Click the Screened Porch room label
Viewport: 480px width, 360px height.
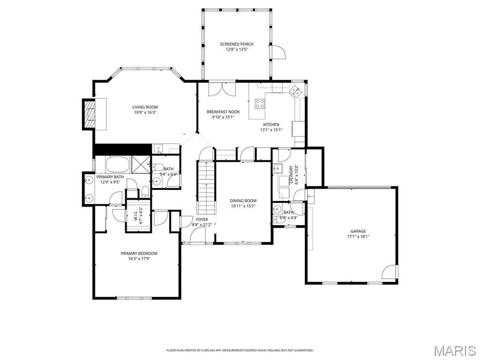pos(237,44)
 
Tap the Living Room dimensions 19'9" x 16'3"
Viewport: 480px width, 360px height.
pos(145,112)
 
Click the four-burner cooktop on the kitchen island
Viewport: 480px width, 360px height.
pos(260,104)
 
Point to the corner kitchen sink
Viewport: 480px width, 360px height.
pos(295,90)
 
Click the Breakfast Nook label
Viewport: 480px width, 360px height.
pos(223,112)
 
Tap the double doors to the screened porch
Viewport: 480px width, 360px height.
pos(222,89)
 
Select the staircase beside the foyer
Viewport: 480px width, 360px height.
pos(206,187)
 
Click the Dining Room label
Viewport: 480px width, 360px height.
pos(243,201)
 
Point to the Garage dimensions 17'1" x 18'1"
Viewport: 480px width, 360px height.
pos(358,236)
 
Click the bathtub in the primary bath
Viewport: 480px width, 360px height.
pos(118,165)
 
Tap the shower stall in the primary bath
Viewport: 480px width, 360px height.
pos(141,165)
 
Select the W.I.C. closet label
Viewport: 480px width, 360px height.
pos(135,215)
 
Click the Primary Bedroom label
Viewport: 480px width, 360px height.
pos(139,254)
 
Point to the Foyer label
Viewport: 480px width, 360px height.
pos(202,219)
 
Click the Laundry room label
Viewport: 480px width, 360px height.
pos(291,175)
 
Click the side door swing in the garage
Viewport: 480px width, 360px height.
pos(390,271)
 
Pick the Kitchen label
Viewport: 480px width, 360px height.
pos(271,125)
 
